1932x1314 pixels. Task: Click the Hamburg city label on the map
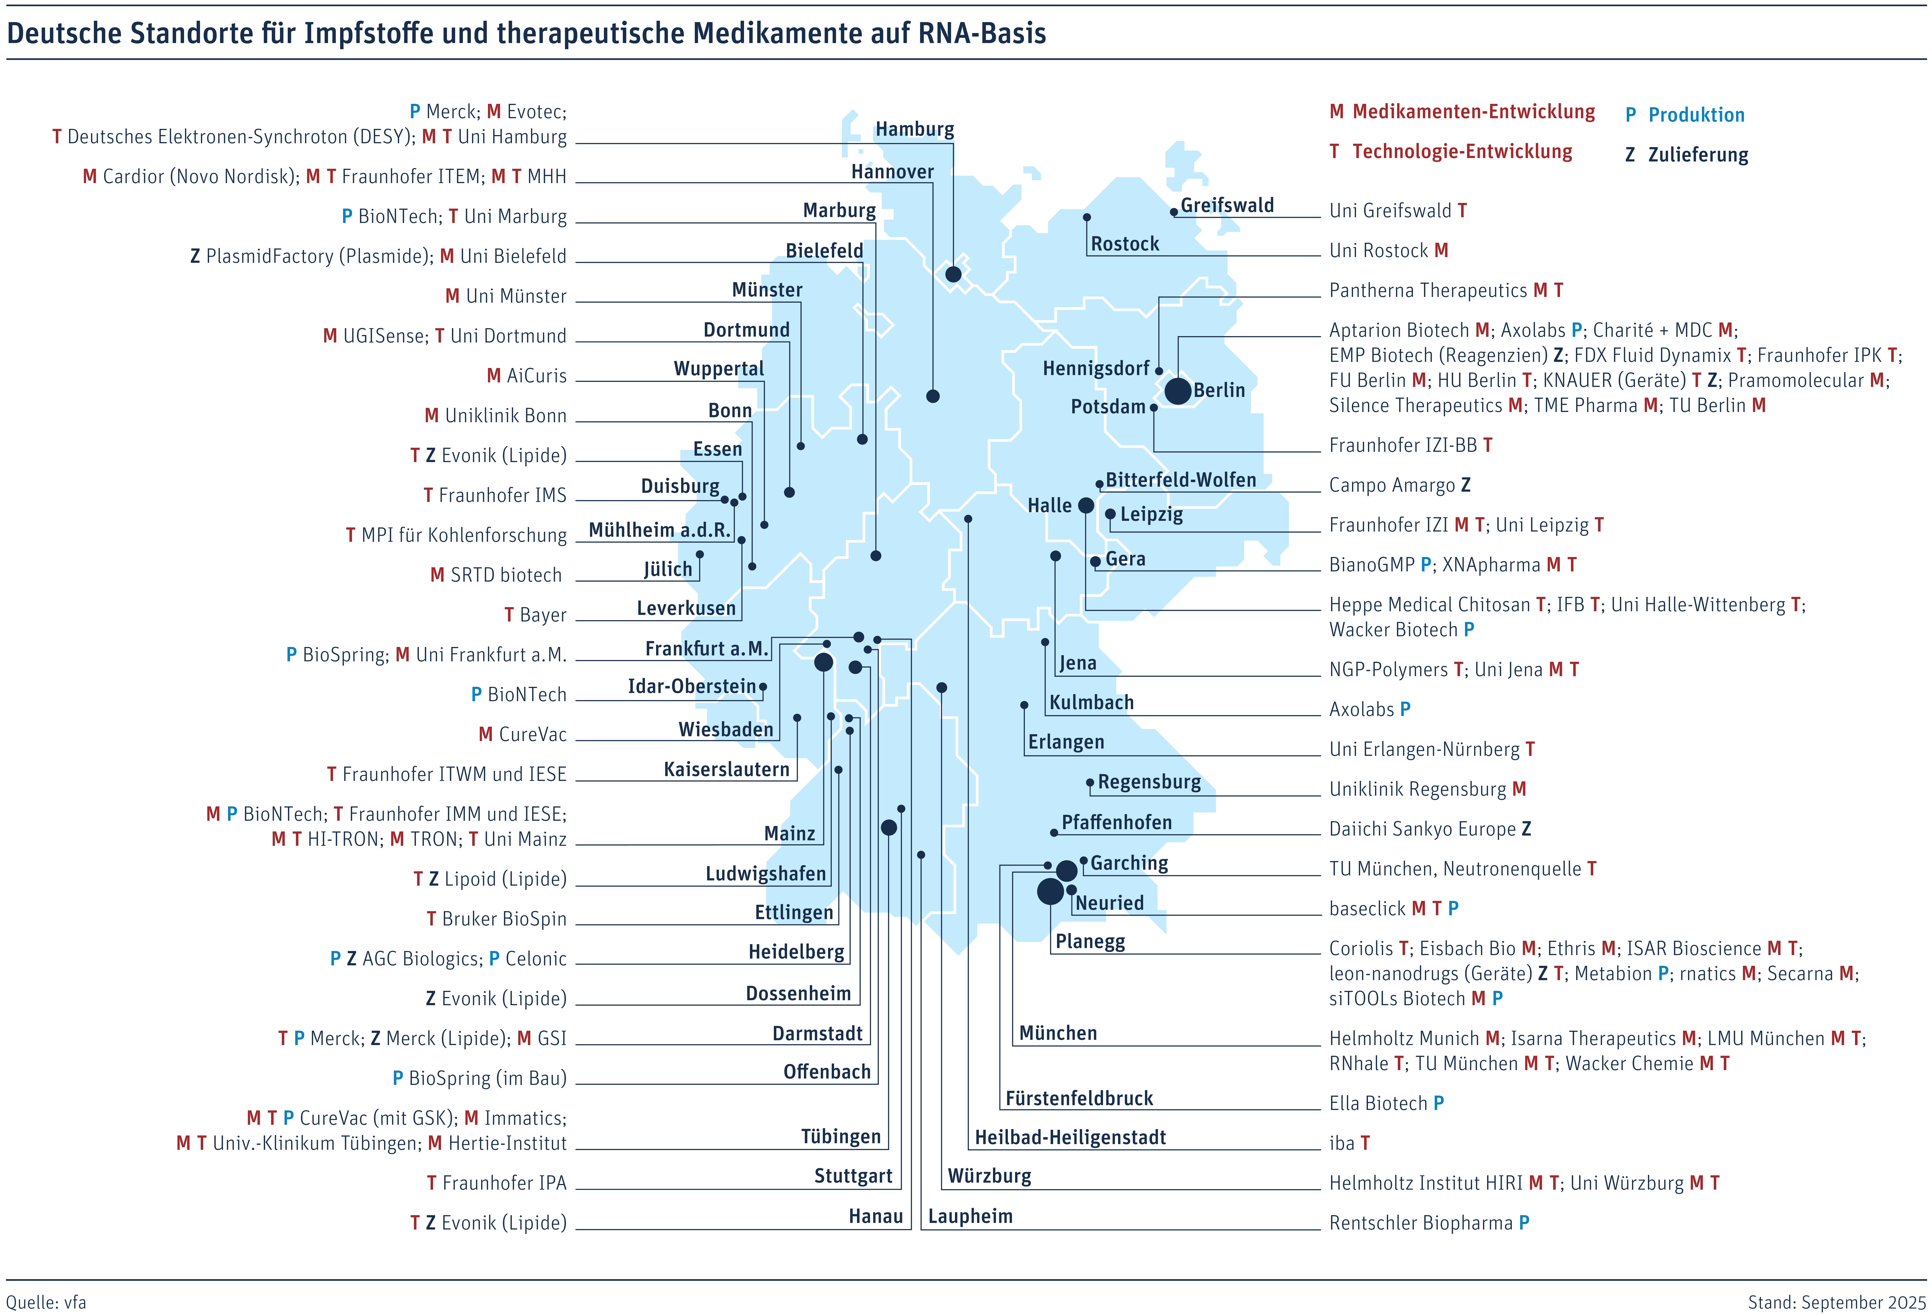point(914,130)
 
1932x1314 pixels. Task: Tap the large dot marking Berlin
point(1177,391)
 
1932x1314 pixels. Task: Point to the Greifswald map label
point(1227,205)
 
